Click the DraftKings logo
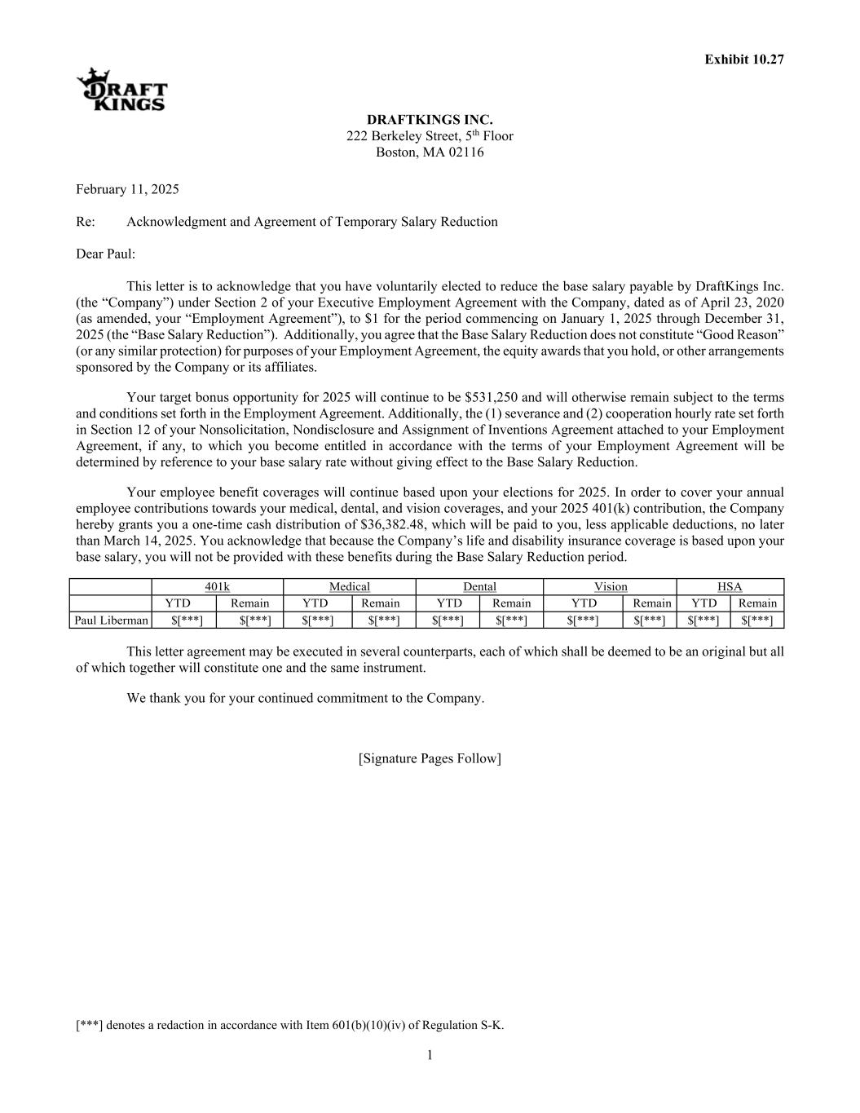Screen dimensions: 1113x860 (x=122, y=90)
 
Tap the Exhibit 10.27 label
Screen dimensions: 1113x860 (x=744, y=60)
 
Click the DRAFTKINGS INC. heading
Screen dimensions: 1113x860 (x=430, y=121)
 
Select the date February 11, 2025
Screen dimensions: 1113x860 (x=127, y=190)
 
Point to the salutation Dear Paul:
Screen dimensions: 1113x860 (x=106, y=254)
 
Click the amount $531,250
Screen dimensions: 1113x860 (x=492, y=398)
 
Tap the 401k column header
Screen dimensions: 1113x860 (x=217, y=587)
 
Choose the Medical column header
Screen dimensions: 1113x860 (x=349, y=587)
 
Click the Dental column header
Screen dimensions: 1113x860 (x=479, y=587)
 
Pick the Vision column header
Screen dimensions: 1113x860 (x=611, y=587)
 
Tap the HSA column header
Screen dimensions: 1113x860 (x=730, y=587)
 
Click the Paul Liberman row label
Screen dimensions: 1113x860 (x=112, y=621)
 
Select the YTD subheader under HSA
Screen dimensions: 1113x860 (x=703, y=603)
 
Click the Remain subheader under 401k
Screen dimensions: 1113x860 (x=249, y=603)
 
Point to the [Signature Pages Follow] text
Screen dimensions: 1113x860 (x=430, y=759)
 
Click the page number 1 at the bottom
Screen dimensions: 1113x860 (x=430, y=1056)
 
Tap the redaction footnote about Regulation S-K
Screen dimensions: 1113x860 (x=289, y=1026)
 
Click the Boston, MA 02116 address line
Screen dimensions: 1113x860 (x=430, y=152)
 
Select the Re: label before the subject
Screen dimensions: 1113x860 (x=86, y=222)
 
